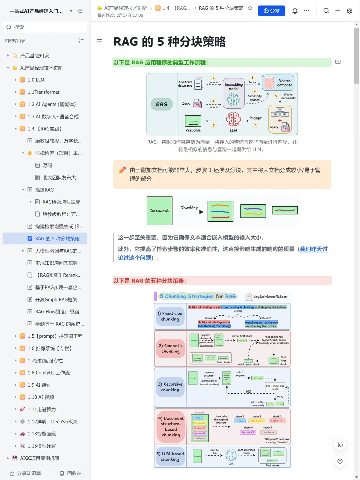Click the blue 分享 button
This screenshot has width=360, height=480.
pyautogui.click(x=271, y=11)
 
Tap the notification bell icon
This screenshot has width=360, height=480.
pyautogui.click(x=295, y=11)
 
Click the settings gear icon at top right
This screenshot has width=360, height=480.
pyautogui.click(x=349, y=11)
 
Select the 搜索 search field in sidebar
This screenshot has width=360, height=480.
pyautogui.click(x=45, y=27)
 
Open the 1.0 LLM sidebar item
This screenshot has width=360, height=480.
pyautogui.click(x=36, y=80)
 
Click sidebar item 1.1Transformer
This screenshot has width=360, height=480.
pyautogui.click(x=44, y=92)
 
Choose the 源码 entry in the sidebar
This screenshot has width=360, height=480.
pyautogui.click(x=47, y=165)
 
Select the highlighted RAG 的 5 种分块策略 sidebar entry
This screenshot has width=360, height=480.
pyautogui.click(x=57, y=239)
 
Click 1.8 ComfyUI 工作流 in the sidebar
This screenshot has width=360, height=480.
pyautogui.click(x=49, y=373)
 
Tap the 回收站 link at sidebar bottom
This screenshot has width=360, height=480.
pyautogui.click(x=71, y=473)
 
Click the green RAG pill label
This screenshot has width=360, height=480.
pyautogui.click(x=162, y=104)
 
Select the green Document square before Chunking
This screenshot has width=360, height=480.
pyautogui.click(x=159, y=211)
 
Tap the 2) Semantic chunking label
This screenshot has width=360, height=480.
pyautogui.click(x=170, y=348)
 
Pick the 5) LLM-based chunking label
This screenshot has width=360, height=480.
pyautogui.click(x=170, y=456)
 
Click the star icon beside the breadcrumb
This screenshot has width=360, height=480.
pyautogui.click(x=250, y=8)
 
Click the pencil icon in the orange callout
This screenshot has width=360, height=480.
pyautogui.click(x=122, y=170)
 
